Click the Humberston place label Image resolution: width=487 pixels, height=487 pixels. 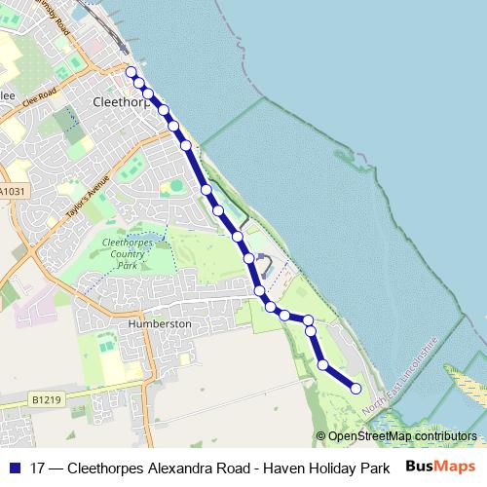click(x=156, y=323)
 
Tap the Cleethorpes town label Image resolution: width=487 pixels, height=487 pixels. click(x=120, y=100)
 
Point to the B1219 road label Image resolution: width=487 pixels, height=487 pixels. click(x=45, y=399)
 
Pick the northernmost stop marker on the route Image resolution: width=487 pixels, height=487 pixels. click(x=131, y=71)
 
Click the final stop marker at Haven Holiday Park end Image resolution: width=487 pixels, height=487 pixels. click(x=356, y=389)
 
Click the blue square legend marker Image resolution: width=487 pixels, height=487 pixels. click(x=14, y=468)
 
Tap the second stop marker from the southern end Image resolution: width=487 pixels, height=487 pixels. click(x=322, y=364)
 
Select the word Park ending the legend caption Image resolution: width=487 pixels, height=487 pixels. click(x=374, y=468)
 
